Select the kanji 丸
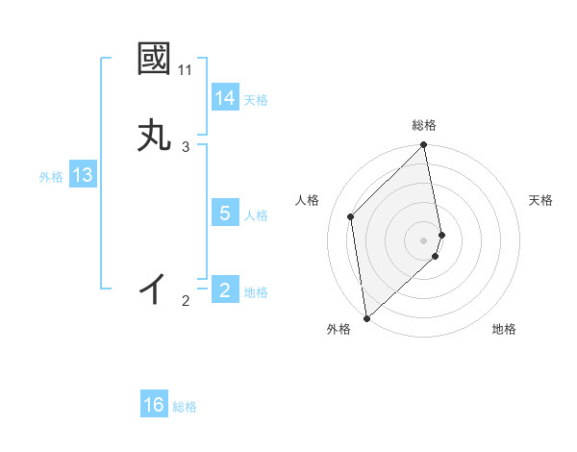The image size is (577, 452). click(154, 136)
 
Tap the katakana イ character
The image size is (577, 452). click(154, 288)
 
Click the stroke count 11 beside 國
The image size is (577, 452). click(186, 71)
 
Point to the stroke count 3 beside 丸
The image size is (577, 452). click(186, 147)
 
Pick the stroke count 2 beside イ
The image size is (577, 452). click(186, 301)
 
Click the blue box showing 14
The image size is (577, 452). click(225, 98)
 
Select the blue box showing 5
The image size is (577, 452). click(225, 213)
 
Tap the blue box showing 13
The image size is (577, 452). click(82, 175)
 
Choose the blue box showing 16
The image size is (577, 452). click(154, 405)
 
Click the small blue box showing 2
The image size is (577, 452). click(225, 290)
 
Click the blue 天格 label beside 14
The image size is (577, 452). click(256, 100)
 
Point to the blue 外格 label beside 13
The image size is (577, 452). click(51, 177)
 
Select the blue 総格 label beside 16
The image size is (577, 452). click(185, 407)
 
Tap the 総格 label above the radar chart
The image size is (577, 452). click(424, 125)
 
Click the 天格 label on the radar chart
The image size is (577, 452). click(540, 200)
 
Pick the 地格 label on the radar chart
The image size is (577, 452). click(504, 329)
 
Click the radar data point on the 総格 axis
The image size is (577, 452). click(424, 146)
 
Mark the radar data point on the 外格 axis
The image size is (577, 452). click(365, 318)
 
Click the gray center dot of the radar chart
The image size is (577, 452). click(424, 239)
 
